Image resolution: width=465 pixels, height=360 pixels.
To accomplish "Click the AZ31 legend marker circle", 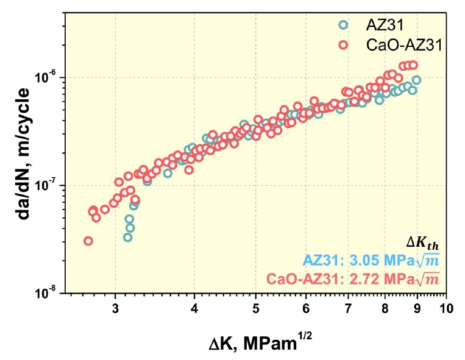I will click(x=343, y=26).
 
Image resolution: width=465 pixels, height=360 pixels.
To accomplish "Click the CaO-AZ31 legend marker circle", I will click(x=343, y=44).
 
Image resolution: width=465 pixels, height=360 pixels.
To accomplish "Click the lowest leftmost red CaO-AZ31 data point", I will click(x=88, y=241).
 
